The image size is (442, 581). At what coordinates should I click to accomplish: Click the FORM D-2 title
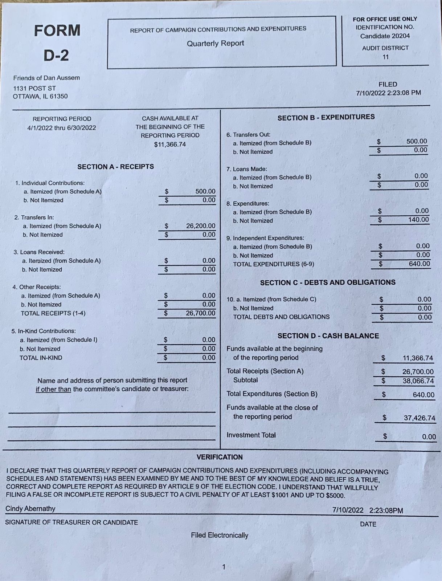click(x=57, y=42)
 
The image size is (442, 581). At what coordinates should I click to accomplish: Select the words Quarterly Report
click(x=215, y=43)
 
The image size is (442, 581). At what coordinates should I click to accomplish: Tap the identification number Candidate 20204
click(x=385, y=36)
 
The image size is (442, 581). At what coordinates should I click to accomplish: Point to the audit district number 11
click(x=385, y=57)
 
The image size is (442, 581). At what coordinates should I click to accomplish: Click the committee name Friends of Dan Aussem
click(x=46, y=78)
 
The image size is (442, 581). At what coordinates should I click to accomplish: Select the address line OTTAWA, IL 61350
click(x=40, y=96)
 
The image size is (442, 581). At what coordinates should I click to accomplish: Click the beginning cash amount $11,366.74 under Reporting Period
click(x=170, y=144)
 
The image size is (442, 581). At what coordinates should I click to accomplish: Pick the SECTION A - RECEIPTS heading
click(x=115, y=167)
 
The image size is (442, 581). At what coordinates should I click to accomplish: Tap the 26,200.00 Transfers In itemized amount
click(x=200, y=226)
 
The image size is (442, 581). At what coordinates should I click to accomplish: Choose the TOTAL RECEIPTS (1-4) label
click(x=53, y=313)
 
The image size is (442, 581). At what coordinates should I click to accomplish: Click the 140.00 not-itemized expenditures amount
click(x=418, y=220)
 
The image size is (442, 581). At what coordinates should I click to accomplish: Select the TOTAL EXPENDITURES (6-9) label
click(x=273, y=264)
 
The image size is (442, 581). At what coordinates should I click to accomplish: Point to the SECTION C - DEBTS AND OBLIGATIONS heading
click(x=328, y=282)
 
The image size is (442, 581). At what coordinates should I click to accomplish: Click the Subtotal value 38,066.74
click(x=418, y=381)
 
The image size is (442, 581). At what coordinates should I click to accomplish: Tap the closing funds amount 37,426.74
click(x=419, y=418)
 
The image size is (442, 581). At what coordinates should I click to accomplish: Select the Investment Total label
click(x=251, y=435)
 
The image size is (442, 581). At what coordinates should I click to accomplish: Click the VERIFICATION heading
click(x=220, y=457)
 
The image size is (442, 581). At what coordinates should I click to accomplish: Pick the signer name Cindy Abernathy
click(x=30, y=509)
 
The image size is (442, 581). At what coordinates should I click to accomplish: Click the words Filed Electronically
click(x=220, y=535)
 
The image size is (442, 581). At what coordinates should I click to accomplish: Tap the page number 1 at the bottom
click(x=224, y=567)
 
